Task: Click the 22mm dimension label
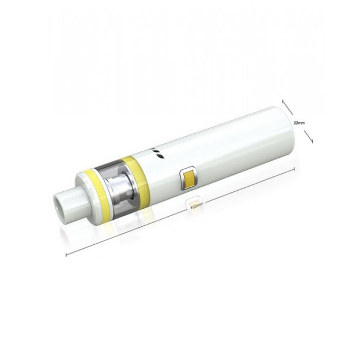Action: (x=299, y=123)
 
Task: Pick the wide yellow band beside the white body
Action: (x=136, y=174)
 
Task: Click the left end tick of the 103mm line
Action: (x=66, y=255)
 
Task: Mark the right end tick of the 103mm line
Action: (x=295, y=169)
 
